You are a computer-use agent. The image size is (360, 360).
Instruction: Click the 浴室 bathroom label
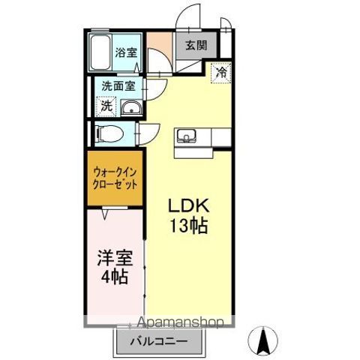126,52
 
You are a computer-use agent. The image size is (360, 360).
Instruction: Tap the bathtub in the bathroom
100,53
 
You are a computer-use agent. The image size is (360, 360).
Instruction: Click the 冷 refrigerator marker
221,73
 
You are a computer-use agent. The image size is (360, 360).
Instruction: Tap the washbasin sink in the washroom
131,108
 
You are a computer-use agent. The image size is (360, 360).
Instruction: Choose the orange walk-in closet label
115,178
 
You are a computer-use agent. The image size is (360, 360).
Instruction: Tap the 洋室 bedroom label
115,259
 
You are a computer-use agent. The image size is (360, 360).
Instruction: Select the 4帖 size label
115,277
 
